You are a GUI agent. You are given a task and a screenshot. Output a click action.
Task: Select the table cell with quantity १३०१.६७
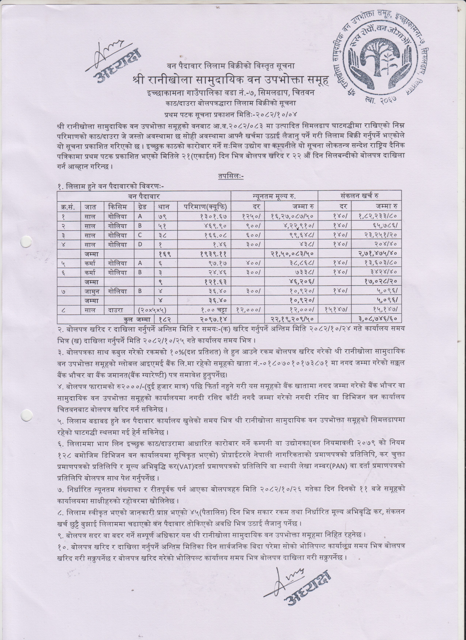[215, 217]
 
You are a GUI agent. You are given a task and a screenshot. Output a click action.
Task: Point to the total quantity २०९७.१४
[215, 319]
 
